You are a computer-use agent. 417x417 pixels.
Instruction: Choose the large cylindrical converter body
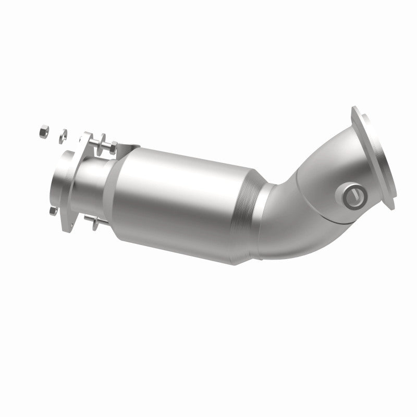coord(177,198)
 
